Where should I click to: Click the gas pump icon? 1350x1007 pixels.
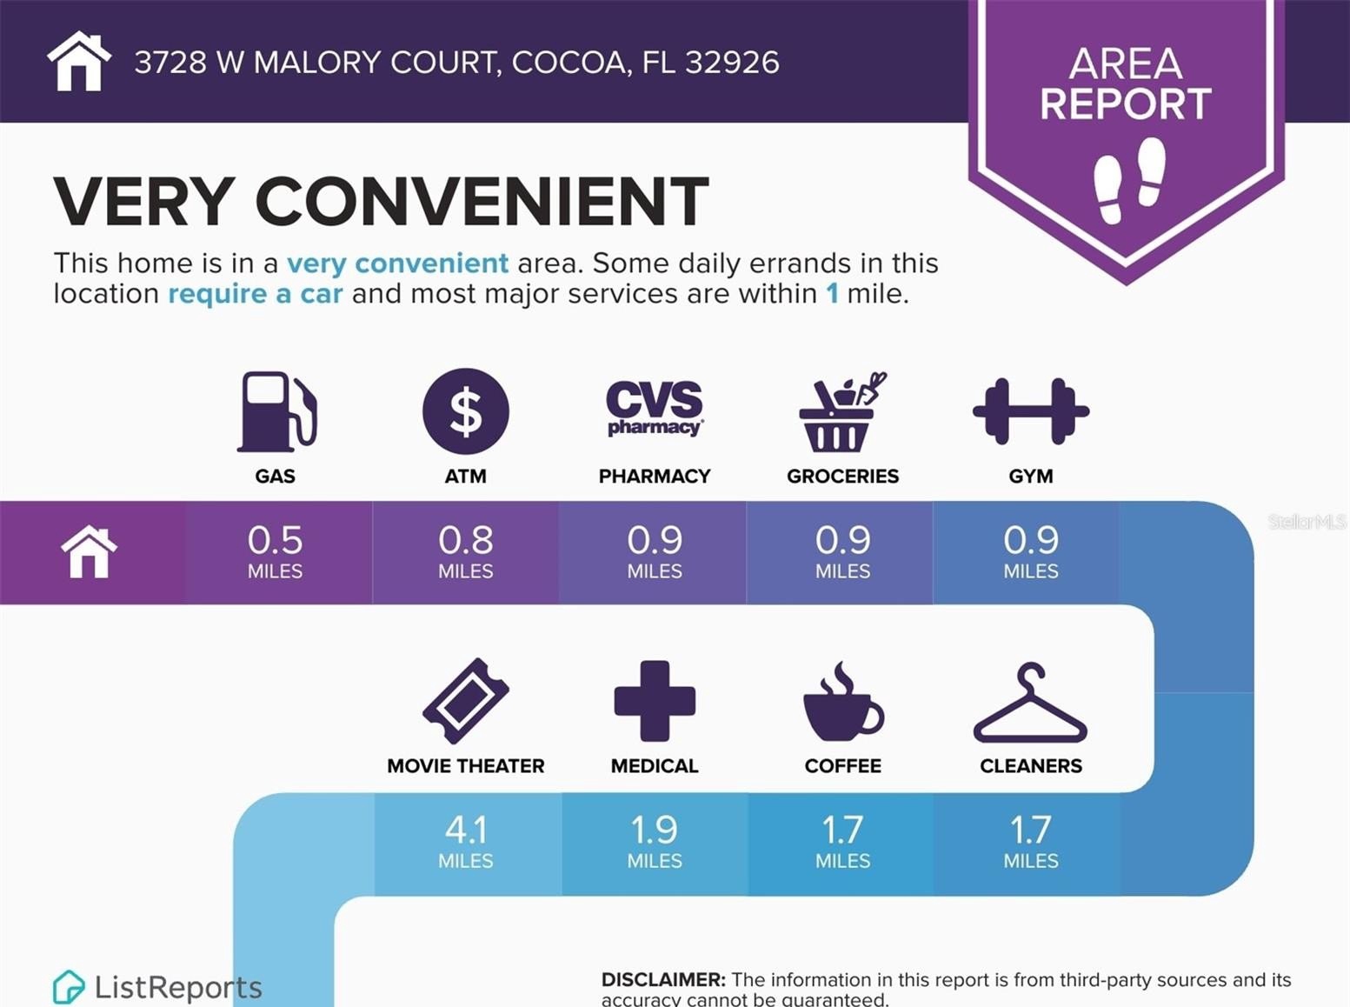point(276,411)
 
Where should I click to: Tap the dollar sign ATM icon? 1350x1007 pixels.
point(466,411)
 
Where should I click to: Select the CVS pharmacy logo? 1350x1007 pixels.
point(655,407)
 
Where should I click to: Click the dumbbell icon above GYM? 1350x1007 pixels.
point(1030,410)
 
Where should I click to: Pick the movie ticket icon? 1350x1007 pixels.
point(466,701)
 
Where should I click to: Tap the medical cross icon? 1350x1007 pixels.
point(655,701)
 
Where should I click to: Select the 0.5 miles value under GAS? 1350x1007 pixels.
point(275,542)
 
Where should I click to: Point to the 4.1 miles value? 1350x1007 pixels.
point(466,831)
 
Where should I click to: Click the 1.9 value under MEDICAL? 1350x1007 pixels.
point(655,831)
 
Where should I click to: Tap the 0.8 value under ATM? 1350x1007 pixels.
point(466,542)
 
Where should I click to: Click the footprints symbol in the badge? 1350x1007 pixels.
point(1128,180)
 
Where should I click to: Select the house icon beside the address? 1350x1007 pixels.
point(79,61)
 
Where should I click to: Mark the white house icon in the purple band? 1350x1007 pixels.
point(89,552)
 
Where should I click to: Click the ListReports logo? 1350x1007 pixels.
point(157,987)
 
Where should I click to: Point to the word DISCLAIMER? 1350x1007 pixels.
point(662,980)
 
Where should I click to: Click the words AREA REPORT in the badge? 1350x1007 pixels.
point(1126,83)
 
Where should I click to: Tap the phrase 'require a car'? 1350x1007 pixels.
point(255,294)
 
